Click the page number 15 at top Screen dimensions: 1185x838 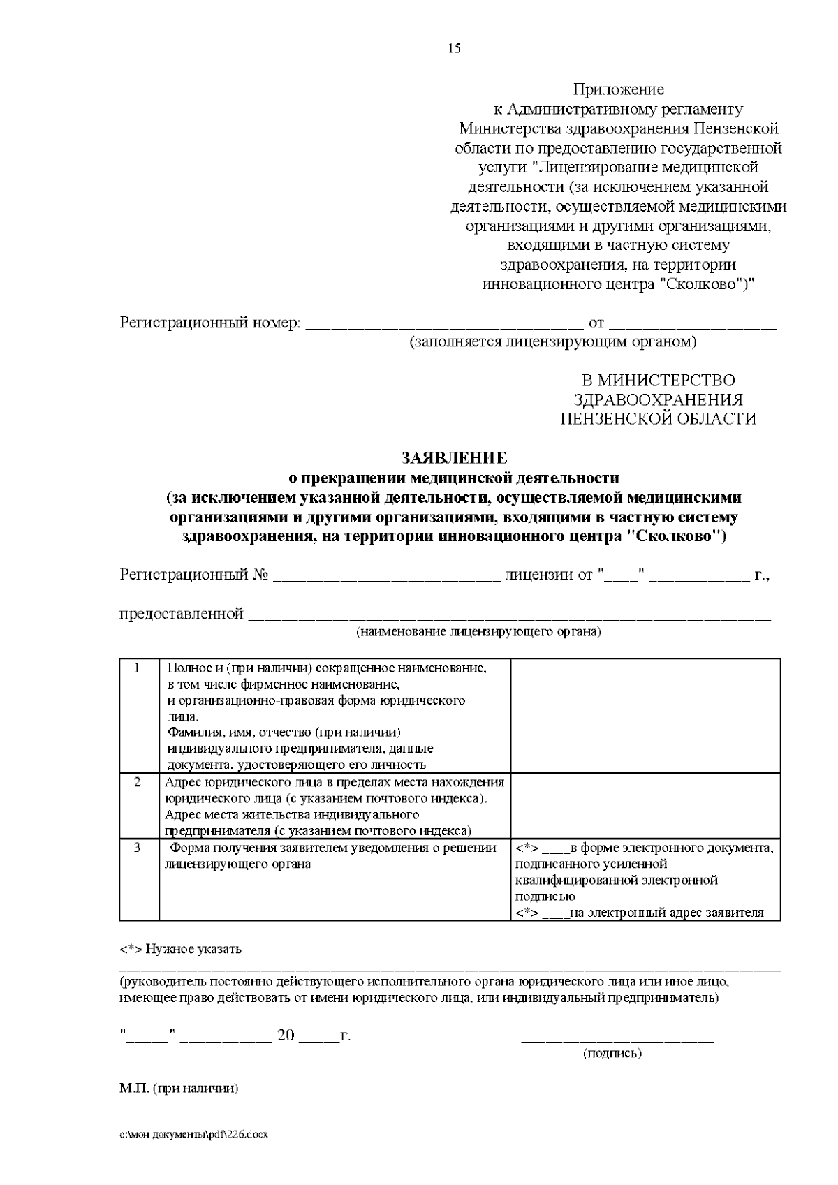coord(455,49)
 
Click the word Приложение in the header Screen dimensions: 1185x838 coord(619,89)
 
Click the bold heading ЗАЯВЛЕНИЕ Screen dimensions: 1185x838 coord(454,458)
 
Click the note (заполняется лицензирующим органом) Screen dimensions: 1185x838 coord(553,342)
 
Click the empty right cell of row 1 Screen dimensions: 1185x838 coord(645,715)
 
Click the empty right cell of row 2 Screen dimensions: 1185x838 coord(645,806)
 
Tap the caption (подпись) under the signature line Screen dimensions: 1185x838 coord(612,1053)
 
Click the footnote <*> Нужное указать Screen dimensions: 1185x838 coord(181,949)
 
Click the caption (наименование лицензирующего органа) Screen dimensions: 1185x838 coord(478,633)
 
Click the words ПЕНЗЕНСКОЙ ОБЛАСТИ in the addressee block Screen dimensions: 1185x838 coord(659,419)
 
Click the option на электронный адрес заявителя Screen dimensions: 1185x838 coord(667,913)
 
